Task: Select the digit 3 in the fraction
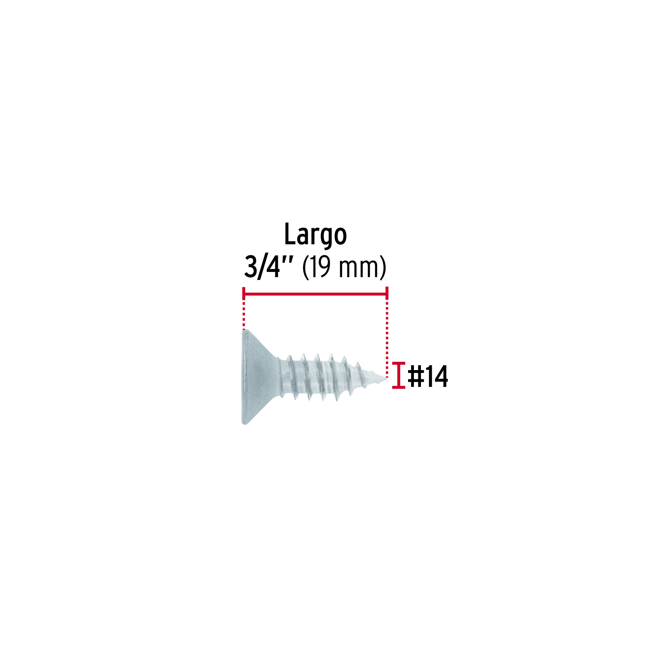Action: click(251, 267)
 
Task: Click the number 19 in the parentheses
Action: click(321, 267)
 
